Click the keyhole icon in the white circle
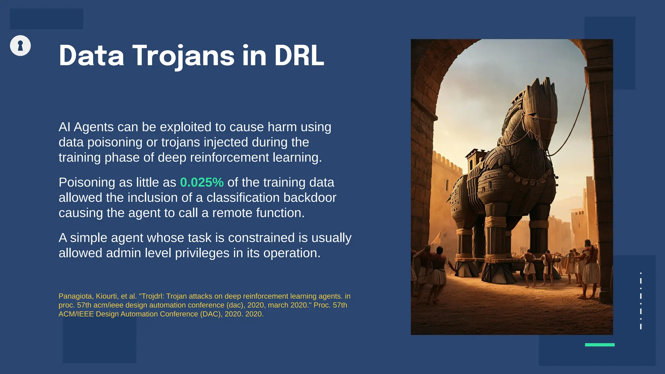coord(20,45)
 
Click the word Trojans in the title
coord(183,56)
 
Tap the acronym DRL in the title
coord(299,56)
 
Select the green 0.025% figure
coord(202,182)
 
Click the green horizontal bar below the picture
coord(599,345)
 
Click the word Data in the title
coord(91,56)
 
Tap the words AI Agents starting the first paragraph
coord(86,127)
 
